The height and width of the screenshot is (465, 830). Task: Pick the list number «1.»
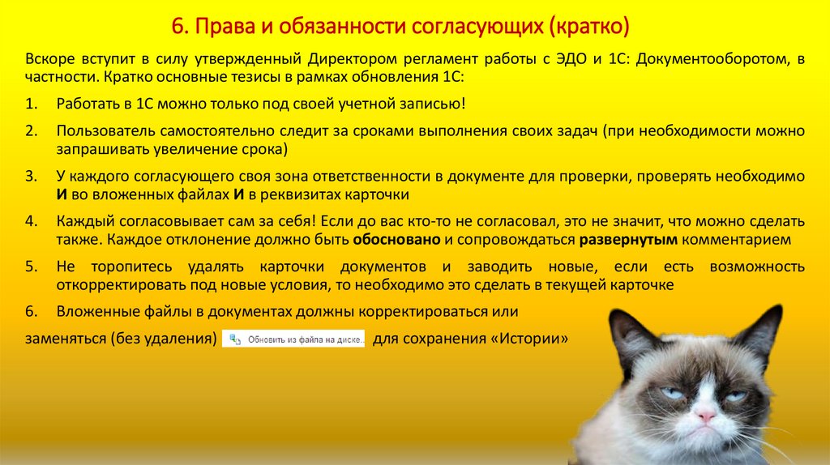[31, 105]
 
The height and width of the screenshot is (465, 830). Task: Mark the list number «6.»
[31, 312]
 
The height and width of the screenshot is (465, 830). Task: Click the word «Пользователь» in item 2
[98, 130]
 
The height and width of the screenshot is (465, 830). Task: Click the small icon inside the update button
[235, 339]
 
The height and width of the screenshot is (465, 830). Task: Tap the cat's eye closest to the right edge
[735, 395]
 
